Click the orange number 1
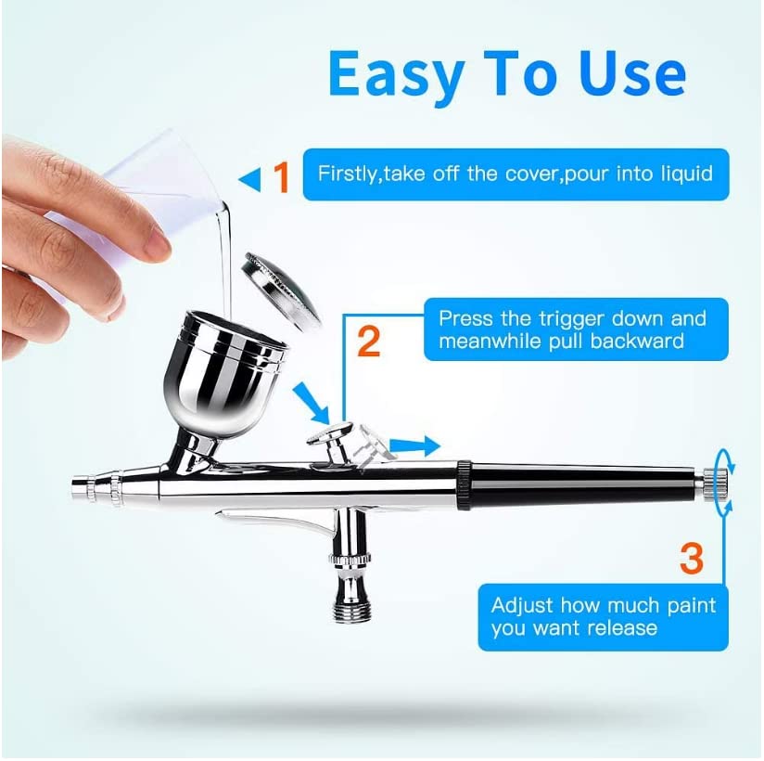point(282,177)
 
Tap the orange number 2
point(368,342)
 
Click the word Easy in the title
point(396,74)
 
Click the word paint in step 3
point(692,607)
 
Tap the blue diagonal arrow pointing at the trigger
point(312,403)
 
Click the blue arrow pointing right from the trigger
point(415,445)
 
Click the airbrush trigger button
point(330,435)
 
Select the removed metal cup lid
point(283,290)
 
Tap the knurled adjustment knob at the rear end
point(715,484)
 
